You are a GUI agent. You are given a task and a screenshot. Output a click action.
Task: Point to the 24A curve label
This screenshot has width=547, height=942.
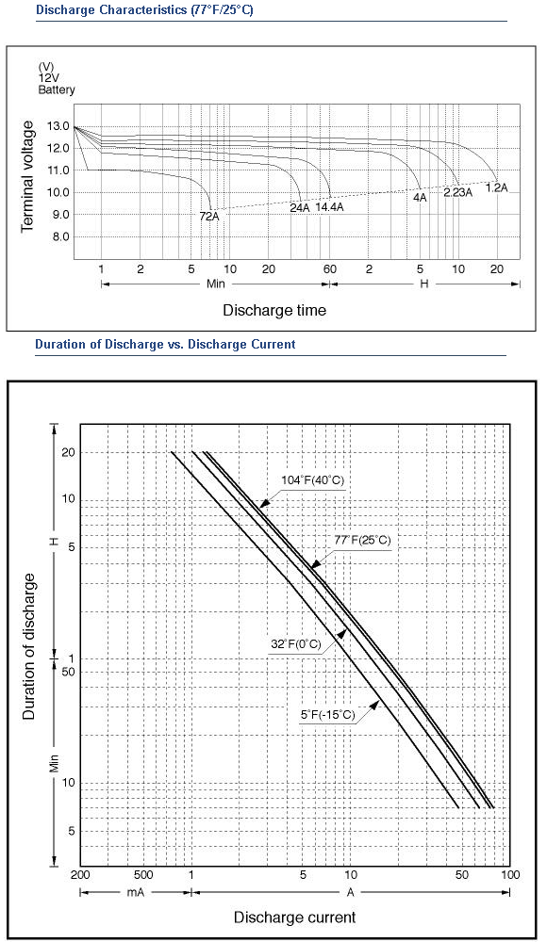(300, 208)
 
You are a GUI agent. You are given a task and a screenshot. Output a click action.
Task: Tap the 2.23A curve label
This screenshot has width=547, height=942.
(458, 193)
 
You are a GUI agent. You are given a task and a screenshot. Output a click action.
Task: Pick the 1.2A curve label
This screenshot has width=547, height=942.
(496, 187)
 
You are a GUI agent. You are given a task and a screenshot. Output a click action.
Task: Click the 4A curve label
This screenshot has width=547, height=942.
(420, 197)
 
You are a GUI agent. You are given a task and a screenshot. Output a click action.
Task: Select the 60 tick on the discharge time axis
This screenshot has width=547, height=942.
(330, 269)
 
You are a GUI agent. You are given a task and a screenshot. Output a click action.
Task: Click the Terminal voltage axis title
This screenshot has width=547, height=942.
(27, 177)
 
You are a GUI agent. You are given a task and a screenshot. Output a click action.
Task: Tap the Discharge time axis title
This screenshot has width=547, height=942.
(274, 311)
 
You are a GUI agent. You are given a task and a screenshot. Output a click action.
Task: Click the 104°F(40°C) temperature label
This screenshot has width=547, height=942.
(312, 480)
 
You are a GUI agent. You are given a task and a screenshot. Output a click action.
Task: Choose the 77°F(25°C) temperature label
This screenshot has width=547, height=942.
(362, 540)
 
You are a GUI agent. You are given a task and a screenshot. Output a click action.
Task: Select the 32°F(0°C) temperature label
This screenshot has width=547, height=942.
(296, 644)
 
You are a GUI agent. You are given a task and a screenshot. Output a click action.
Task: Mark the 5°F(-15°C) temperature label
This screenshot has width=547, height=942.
(328, 715)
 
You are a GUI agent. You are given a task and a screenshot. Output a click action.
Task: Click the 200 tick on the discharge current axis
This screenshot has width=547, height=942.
(80, 875)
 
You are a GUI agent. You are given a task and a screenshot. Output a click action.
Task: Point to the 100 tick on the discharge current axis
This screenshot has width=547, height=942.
(510, 875)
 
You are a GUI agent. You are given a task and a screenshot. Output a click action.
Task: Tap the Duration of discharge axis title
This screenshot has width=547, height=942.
(29, 646)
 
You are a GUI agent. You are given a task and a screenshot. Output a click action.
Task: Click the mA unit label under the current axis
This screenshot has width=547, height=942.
(136, 893)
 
